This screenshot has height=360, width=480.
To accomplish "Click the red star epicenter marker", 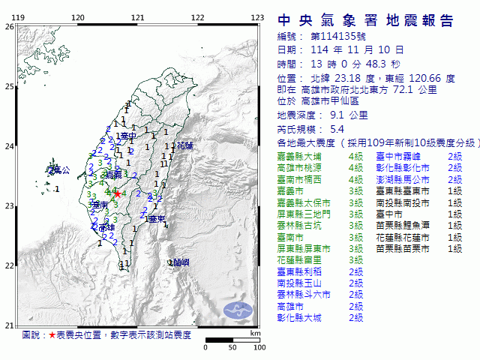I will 117,193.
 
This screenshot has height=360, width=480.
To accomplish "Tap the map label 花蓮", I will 184,145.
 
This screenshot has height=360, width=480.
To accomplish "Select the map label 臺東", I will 157,219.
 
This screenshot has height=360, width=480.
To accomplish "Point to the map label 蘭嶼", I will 181,262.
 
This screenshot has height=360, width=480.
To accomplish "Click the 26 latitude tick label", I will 9,26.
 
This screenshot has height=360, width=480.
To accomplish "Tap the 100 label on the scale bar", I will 259,348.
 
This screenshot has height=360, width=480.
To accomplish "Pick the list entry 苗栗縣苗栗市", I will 403,248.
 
